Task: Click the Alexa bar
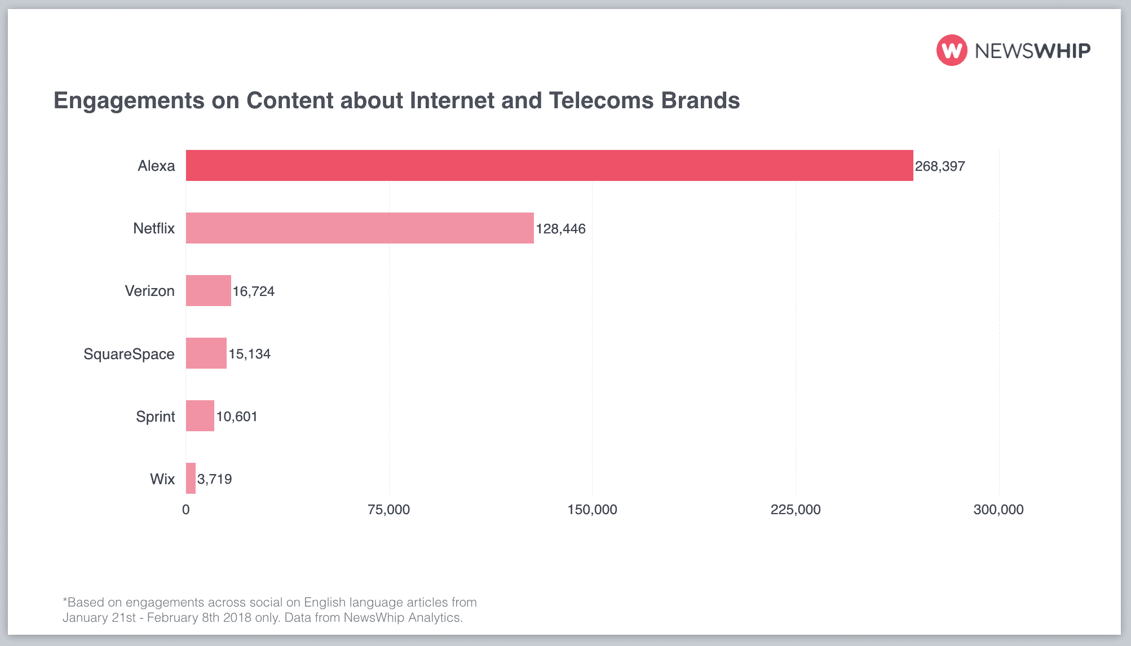pos(549,165)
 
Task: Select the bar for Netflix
pos(360,228)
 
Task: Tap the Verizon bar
pos(208,290)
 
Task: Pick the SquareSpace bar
pos(206,353)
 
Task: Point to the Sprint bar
pos(200,415)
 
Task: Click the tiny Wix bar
pos(191,478)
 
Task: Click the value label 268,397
pos(940,166)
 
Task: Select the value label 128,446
pos(560,229)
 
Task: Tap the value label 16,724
pos(254,291)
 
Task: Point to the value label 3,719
pos(215,479)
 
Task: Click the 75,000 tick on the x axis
pos(388,510)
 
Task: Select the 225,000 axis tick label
pos(796,510)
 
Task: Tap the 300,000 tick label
pos(998,510)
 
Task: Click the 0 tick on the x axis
pos(185,510)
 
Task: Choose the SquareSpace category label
pos(129,354)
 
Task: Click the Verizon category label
pos(149,291)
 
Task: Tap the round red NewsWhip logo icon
pos(952,50)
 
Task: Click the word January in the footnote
pos(85,617)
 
